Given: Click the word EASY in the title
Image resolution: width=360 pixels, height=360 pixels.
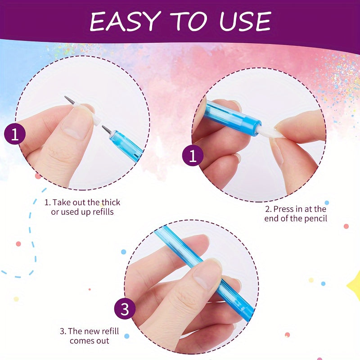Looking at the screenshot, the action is pyautogui.click(x=125, y=21).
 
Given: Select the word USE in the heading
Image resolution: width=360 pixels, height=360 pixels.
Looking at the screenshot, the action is pyautogui.click(x=245, y=21).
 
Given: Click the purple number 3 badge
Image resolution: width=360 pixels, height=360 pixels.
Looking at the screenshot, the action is pyautogui.click(x=125, y=309).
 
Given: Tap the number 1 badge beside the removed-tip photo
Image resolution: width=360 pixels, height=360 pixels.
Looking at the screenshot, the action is pyautogui.click(x=15, y=134).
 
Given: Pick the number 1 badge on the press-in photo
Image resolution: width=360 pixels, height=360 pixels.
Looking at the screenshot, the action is pyautogui.click(x=193, y=155).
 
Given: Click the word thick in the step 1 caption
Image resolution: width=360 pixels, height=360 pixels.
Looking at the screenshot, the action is pyautogui.click(x=111, y=202).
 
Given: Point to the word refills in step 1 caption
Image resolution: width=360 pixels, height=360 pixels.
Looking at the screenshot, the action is pyautogui.click(x=103, y=211).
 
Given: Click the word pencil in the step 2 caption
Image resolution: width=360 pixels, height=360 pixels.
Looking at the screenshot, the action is pyautogui.click(x=315, y=218).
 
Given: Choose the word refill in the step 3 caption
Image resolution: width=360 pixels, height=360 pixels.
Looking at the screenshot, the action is pyautogui.click(x=108, y=331).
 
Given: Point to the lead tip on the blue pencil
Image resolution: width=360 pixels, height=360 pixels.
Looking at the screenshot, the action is pyautogui.click(x=107, y=130).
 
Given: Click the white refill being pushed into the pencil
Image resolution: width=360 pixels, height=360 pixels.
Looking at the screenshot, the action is pyautogui.click(x=270, y=132).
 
